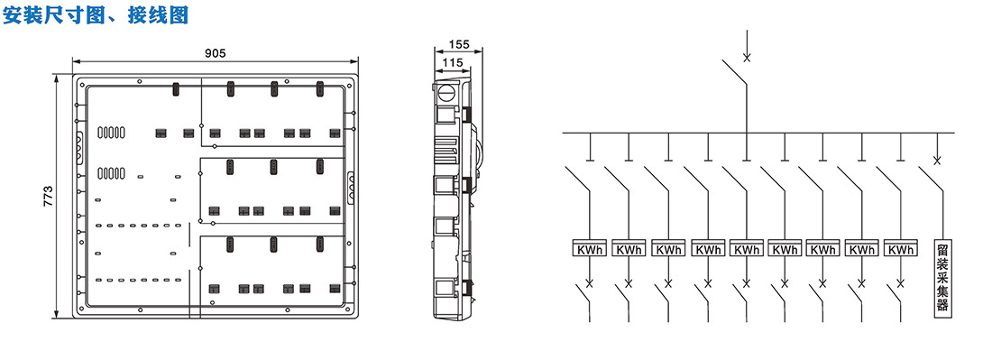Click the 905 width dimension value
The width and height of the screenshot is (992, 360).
click(x=216, y=53)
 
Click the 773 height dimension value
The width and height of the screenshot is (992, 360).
click(x=49, y=197)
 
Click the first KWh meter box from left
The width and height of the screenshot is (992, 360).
click(x=590, y=249)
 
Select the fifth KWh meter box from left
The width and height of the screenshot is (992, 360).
click(x=747, y=249)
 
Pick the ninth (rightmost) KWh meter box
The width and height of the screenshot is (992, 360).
click(x=900, y=249)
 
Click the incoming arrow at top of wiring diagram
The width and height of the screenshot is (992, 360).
click(x=747, y=45)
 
